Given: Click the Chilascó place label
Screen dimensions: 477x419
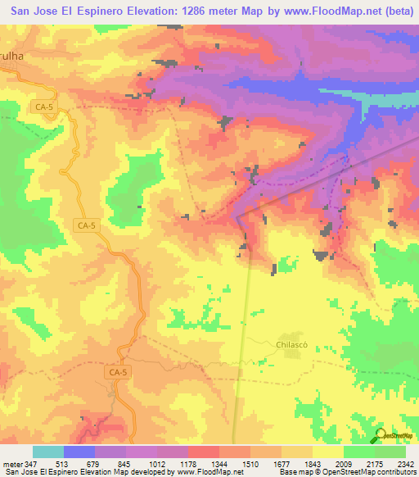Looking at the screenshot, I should (x=293, y=345).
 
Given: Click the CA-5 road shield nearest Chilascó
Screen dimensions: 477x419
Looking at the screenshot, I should (x=118, y=372).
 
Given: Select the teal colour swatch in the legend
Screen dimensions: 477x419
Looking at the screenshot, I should (x=48, y=452).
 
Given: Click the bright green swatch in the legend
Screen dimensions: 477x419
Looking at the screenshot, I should (x=390, y=452).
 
